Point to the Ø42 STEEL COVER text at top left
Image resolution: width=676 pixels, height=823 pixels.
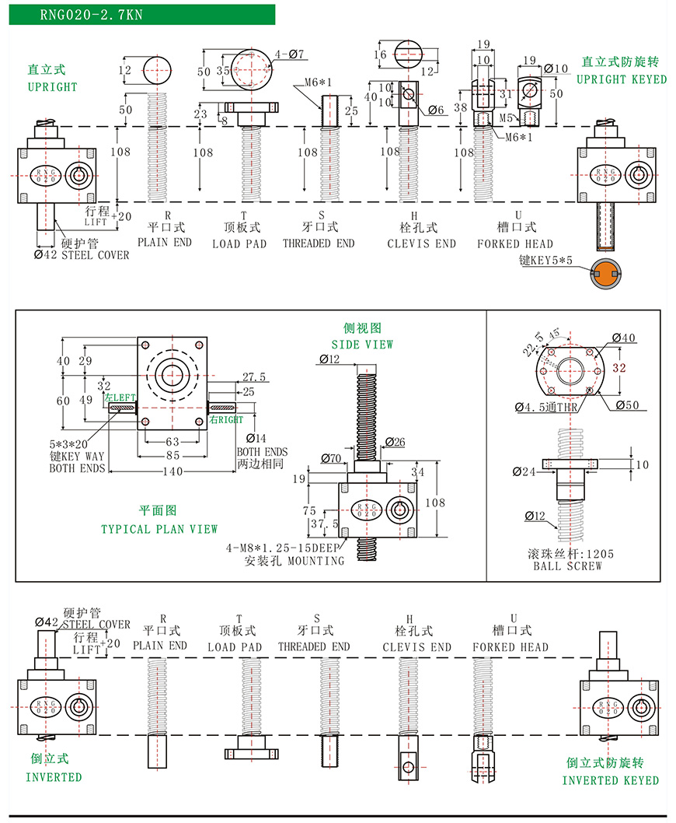[83, 254]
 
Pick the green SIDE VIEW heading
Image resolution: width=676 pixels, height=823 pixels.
[362, 344]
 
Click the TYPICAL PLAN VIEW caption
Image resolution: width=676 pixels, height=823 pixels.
[159, 529]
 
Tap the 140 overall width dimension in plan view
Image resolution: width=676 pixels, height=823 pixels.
[172, 471]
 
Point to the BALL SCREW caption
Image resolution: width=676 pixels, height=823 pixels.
[569, 566]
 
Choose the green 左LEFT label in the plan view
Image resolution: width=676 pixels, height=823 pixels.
[120, 397]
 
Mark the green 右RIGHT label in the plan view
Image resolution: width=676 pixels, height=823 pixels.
[226, 419]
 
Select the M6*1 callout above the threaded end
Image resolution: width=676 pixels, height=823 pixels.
[318, 82]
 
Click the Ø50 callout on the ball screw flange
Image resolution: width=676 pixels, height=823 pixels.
[625, 404]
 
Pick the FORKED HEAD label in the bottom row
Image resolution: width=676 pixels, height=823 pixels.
[510, 646]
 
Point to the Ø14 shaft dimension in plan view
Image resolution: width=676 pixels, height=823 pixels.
[255, 438]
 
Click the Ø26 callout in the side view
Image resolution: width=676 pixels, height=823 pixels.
[395, 443]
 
